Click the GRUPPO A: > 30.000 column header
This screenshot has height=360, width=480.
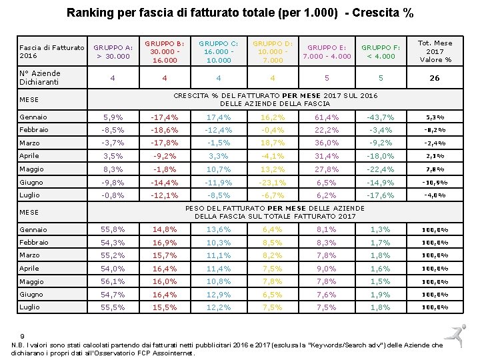coord(113,52)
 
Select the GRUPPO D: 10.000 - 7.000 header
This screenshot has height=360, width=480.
coord(272,52)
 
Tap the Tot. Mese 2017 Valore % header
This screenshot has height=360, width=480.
coord(435,51)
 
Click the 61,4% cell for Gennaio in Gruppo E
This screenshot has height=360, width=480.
coord(327,117)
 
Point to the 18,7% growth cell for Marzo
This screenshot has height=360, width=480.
coord(272,143)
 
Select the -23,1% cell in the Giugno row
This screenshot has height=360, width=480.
coord(272,182)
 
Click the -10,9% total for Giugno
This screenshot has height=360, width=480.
coord(435,182)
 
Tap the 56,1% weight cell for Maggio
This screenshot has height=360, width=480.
coord(113,281)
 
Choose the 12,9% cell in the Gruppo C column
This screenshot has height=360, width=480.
coord(219,295)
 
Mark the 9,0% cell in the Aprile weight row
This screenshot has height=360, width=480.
coord(327,269)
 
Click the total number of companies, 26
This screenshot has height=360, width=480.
coord(435,78)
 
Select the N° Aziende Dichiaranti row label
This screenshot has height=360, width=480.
coord(40,78)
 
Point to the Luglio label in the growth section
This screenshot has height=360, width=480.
coord(29,195)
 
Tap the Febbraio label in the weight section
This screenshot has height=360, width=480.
coord(33,243)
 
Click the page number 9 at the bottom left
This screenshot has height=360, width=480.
coord(23,336)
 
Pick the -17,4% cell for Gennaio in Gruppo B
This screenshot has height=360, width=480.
coord(165,117)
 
